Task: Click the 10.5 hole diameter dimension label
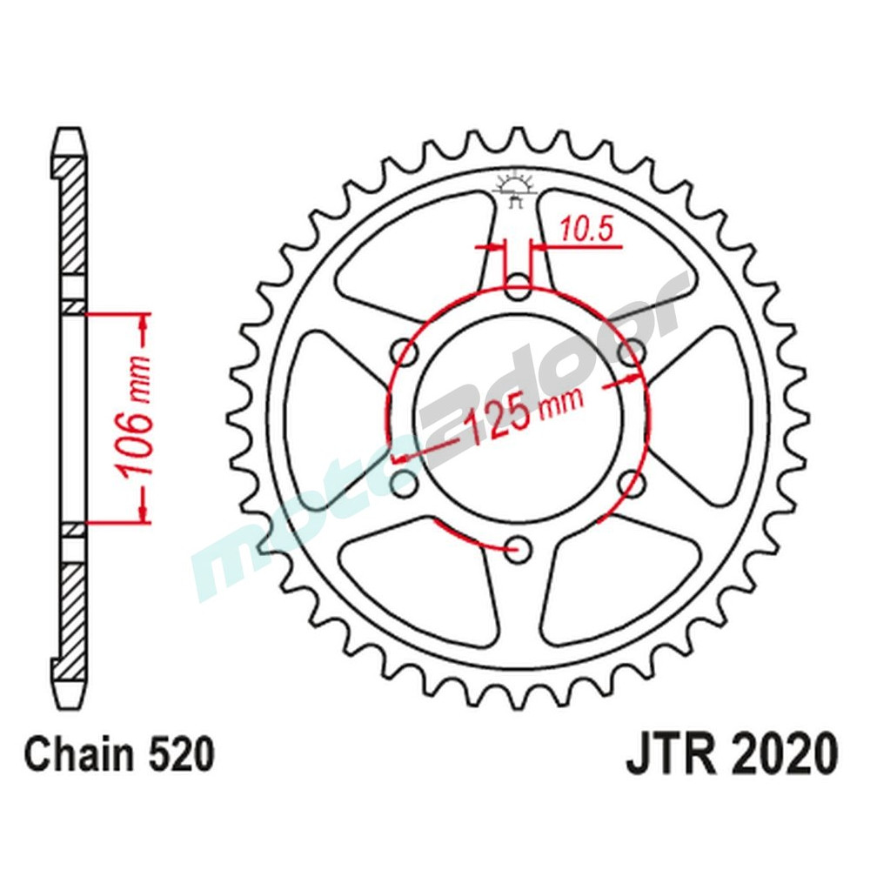[586, 231]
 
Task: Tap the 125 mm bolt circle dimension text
[519, 416]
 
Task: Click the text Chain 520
[119, 756]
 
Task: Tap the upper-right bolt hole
[633, 351]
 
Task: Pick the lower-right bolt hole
[633, 482]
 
